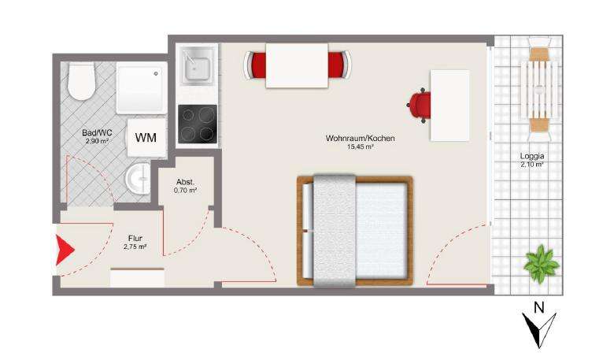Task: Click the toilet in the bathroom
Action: pyautogui.click(x=81, y=82)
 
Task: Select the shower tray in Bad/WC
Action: pyautogui.click(x=142, y=89)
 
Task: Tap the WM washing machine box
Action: pyautogui.click(x=146, y=137)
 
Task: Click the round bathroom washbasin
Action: pyautogui.click(x=138, y=178)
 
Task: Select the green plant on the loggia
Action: pyautogui.click(x=542, y=262)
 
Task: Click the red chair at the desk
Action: pyautogui.click(x=421, y=105)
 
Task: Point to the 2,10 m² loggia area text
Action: pyautogui.click(x=532, y=165)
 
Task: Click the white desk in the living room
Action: pyautogui.click(x=449, y=105)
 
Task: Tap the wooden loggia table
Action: pyautogui.click(x=541, y=87)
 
